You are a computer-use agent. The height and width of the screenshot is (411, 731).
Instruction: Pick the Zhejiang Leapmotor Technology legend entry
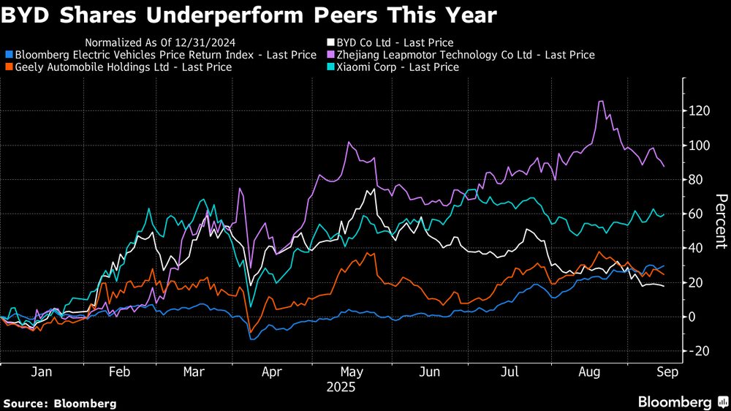pyautogui.click(x=460, y=54)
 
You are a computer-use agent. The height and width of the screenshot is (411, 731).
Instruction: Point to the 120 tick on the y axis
pyautogui.click(x=700, y=111)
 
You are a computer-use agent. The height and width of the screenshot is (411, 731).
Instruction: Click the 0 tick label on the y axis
pyautogui.click(x=691, y=317)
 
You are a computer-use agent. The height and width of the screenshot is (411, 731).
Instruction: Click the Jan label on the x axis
pyautogui.click(x=41, y=372)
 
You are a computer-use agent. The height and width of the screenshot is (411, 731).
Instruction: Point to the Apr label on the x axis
pyautogui.click(x=272, y=372)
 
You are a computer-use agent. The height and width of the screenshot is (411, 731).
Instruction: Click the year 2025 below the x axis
pyautogui.click(x=341, y=387)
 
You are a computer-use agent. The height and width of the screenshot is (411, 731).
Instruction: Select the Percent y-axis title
pyautogui.click(x=721, y=222)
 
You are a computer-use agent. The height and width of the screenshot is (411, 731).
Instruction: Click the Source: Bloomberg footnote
pyautogui.click(x=60, y=403)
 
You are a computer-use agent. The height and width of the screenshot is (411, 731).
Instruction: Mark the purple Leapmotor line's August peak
pyautogui.click(x=601, y=102)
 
